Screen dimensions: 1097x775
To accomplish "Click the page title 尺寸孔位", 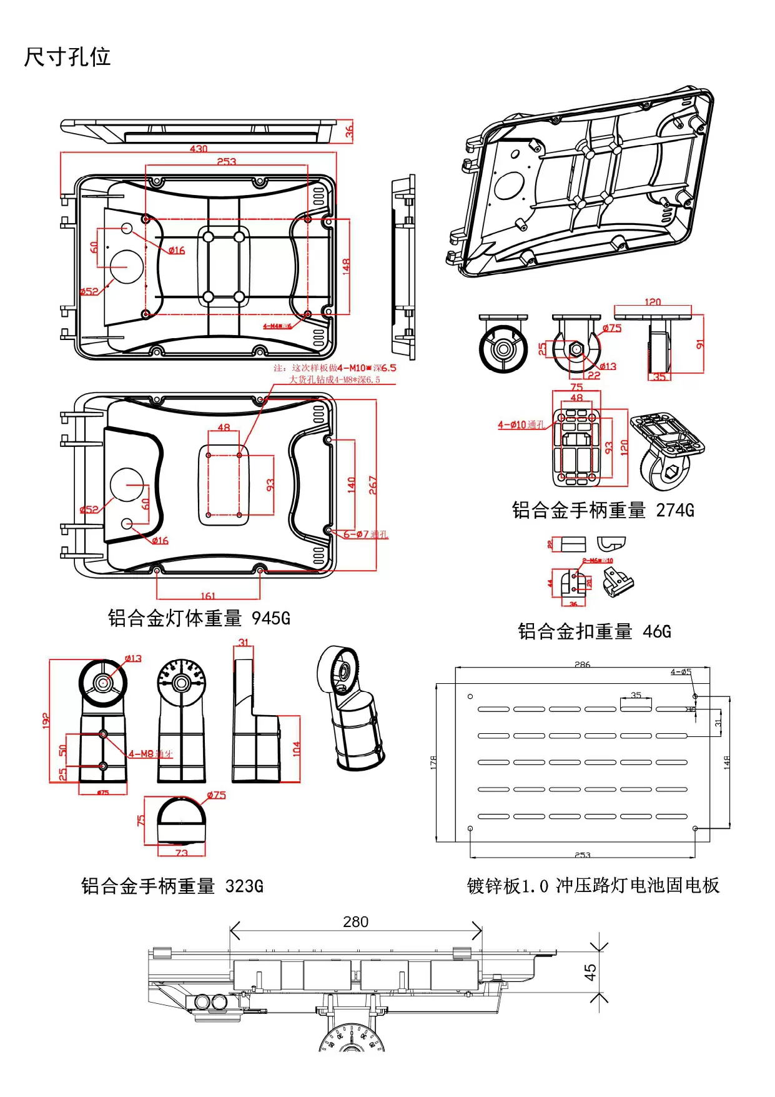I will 67,57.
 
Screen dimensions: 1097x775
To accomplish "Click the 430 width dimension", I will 199,149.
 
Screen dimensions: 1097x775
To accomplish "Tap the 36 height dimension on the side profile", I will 349,131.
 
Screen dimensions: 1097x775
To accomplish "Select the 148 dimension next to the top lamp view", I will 346,266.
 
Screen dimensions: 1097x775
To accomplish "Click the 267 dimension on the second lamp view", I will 373,485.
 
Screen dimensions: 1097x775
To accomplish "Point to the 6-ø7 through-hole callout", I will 365,534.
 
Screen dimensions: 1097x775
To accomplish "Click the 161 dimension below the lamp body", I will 208,596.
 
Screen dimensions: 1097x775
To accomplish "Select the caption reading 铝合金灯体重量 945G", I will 199,618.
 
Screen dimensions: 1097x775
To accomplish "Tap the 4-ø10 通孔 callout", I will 521,425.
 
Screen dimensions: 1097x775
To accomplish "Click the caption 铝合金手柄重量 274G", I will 603,511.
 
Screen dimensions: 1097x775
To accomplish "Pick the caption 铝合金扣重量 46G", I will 594,631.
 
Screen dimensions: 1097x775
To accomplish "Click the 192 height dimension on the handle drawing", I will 46,720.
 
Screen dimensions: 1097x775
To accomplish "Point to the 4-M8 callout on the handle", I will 150,754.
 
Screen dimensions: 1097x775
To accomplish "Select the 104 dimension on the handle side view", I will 296,749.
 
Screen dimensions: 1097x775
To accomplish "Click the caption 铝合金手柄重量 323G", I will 172,886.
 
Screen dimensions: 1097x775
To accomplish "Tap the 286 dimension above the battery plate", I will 582,664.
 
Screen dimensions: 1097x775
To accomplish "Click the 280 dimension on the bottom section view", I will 355,922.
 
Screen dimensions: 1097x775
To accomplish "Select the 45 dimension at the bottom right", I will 590,972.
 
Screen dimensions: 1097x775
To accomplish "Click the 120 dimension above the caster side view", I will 653,302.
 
